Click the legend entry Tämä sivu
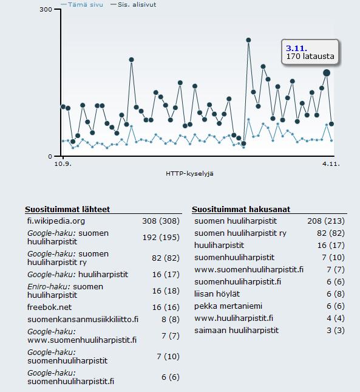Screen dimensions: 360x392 coord(82,4)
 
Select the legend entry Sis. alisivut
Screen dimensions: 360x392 coord(134,4)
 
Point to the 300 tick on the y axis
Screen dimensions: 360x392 coord(46,10)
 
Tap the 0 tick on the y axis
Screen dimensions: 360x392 coord(50,157)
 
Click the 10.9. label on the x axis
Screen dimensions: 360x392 coord(63,164)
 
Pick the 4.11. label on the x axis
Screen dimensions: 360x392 coord(331,164)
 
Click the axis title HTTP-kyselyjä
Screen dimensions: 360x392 coord(189,174)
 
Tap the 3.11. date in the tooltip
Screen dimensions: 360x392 coord(297,48)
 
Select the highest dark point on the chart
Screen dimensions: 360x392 coord(248,40)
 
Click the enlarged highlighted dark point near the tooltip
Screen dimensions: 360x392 coord(327,73)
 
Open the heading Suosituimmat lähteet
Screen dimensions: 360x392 coord(67,209)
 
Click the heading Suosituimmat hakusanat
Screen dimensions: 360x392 coord(241,209)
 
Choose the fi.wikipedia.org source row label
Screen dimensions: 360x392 coord(56,221)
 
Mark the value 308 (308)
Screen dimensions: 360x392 coord(161,221)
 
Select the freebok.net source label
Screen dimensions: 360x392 coord(49,307)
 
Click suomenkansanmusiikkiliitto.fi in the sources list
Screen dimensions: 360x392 coord(83,319)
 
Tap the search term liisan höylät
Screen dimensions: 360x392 coord(217,294)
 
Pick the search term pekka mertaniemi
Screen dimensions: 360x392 coord(228,306)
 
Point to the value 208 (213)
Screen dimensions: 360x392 coord(326,221)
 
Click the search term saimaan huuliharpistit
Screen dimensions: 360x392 coord(236,330)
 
